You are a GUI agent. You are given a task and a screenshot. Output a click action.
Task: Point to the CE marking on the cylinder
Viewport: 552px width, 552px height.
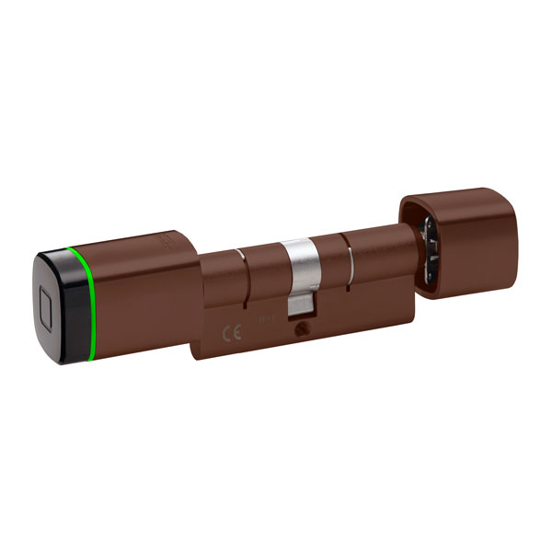(233, 328)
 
